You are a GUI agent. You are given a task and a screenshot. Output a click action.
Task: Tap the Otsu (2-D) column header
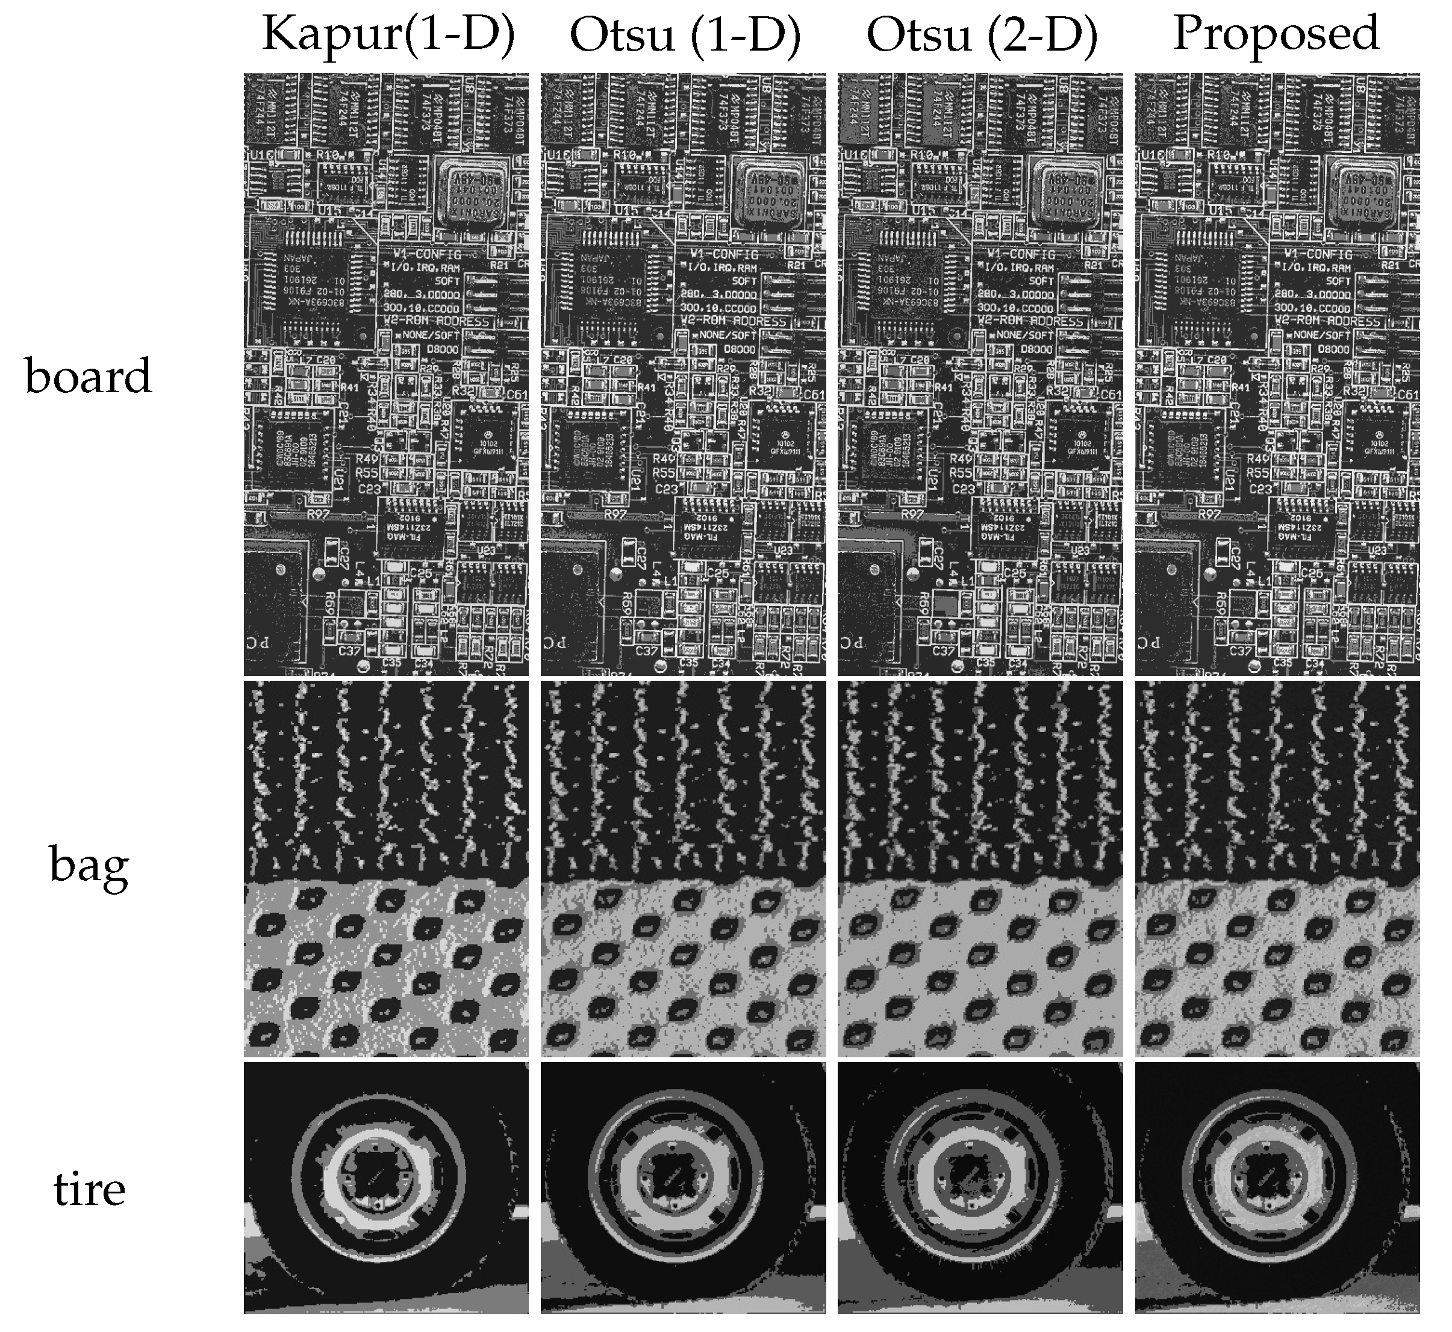[x=982, y=34]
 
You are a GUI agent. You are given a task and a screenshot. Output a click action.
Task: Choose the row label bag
[x=89, y=865]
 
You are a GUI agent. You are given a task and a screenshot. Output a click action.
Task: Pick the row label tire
[x=89, y=1189]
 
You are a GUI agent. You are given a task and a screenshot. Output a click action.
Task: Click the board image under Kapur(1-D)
[x=386, y=374]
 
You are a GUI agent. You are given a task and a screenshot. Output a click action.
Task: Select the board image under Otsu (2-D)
[x=980, y=374]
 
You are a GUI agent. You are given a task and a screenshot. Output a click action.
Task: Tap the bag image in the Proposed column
[x=1277, y=869]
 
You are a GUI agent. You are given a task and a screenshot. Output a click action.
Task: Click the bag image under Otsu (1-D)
[x=683, y=869]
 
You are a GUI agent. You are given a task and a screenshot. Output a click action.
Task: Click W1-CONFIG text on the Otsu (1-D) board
[x=724, y=254]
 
